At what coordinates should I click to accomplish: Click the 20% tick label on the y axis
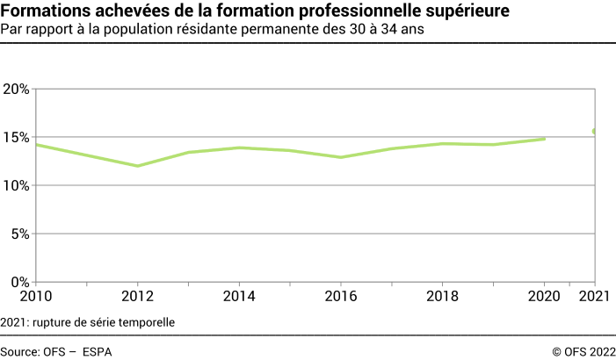tap(17, 90)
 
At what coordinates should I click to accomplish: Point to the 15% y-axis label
tap(17, 138)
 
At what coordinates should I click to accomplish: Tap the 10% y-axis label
tap(17, 186)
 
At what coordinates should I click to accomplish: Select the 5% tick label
tap(20, 234)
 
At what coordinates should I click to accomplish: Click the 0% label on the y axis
tap(20, 283)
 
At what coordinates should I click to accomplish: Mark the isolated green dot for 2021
tap(595, 132)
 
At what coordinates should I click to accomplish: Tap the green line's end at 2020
tap(545, 139)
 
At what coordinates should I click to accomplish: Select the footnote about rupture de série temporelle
tap(88, 321)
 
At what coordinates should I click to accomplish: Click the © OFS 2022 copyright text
tap(583, 351)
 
